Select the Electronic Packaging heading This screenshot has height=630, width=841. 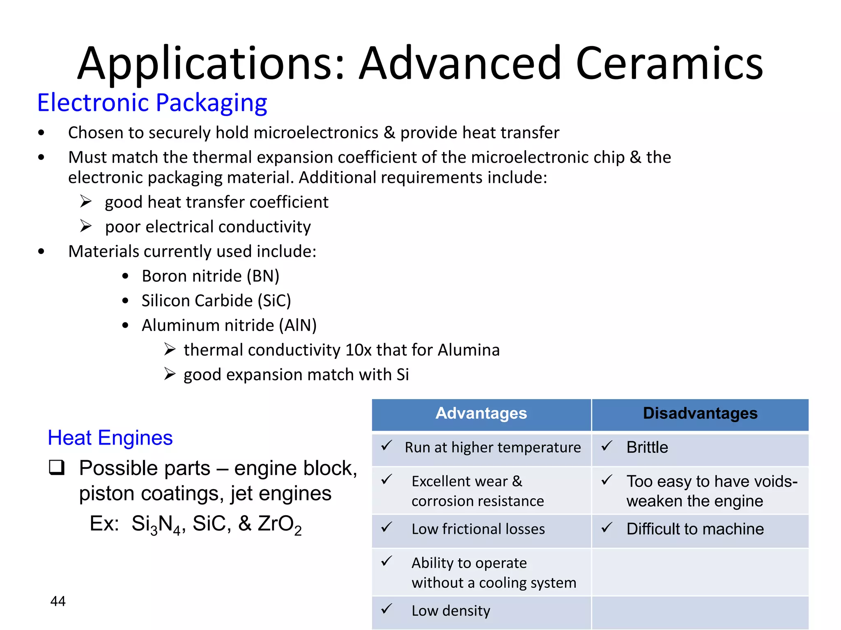point(152,103)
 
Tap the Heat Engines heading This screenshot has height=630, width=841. point(110,438)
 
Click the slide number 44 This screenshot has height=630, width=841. point(58,601)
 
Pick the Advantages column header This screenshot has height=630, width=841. point(481,413)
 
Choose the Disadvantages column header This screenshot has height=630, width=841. point(700,413)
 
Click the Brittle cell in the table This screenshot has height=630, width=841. point(647,447)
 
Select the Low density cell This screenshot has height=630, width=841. point(451,611)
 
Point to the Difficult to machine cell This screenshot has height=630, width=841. point(695,529)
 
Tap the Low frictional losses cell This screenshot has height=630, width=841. point(478,529)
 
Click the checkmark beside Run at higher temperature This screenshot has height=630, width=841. point(386,446)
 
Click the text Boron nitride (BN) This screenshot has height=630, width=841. point(210,276)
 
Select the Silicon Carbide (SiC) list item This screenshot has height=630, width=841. point(216,301)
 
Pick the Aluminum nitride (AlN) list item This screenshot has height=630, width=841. point(229,325)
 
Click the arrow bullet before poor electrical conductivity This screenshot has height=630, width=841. point(86,226)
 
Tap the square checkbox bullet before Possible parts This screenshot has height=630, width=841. point(57,468)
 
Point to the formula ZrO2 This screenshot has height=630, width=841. point(279,525)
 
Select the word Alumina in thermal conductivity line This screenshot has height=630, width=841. point(469,350)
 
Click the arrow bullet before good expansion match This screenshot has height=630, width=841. point(170,374)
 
